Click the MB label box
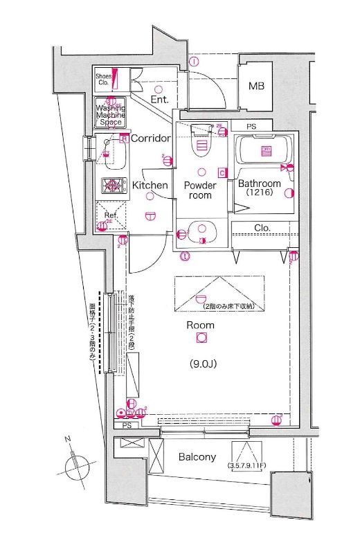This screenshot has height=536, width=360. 257,87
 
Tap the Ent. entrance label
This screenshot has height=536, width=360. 160,100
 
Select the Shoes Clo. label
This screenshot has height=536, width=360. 103,80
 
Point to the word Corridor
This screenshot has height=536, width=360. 150,139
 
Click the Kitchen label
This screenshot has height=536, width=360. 150,186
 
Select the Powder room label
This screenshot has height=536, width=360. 200,190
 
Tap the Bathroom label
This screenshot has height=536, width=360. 260,184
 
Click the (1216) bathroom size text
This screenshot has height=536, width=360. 260,195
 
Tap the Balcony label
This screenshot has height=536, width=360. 197,457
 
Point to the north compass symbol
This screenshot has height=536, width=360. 75,463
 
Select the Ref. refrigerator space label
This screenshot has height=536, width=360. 110,215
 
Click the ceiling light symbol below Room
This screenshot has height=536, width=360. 201,338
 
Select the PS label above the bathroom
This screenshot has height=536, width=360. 251,127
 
